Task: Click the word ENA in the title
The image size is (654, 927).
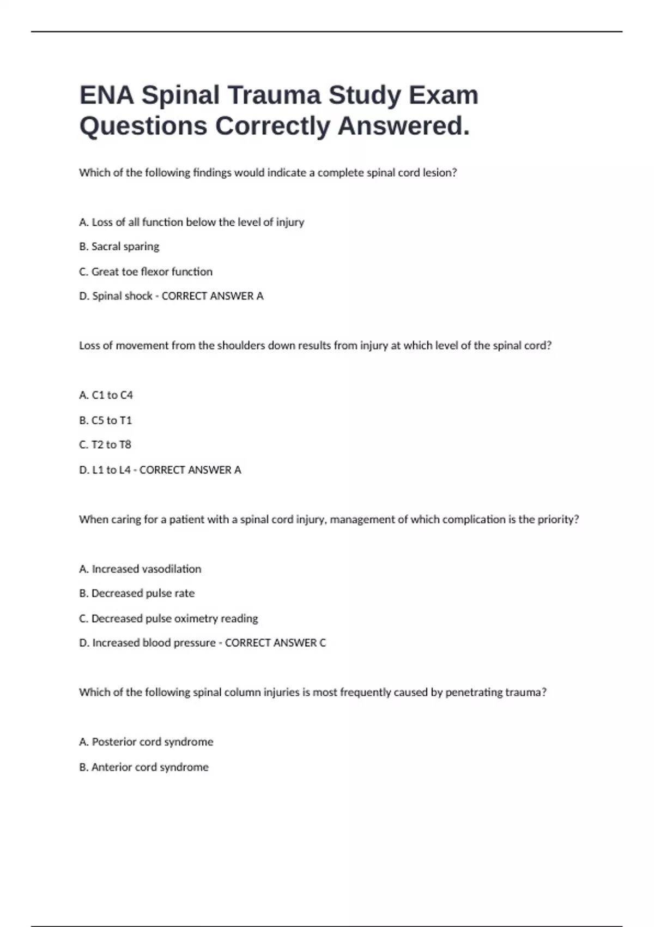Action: [x=106, y=95]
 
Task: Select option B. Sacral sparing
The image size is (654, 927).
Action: [x=119, y=246]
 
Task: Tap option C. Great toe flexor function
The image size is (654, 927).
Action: [x=146, y=272]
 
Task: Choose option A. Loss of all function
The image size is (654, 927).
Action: [x=191, y=222]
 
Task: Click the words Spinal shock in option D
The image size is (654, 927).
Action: [x=122, y=296]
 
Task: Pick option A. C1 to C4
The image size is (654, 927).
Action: [x=106, y=395]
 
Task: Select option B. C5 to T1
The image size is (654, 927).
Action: [x=105, y=420]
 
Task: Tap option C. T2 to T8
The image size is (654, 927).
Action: [x=105, y=445]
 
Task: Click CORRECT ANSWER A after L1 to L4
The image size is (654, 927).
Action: [x=190, y=470]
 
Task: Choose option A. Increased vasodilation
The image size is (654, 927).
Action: [x=140, y=569]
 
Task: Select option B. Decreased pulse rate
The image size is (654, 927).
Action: [x=137, y=593]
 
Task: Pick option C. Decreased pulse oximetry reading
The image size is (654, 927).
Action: [x=168, y=618]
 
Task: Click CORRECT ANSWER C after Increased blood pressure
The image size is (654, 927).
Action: [x=275, y=643]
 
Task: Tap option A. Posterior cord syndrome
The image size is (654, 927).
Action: [x=146, y=742]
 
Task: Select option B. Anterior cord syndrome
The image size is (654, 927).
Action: [x=144, y=767]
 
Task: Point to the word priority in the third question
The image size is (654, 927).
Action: [x=556, y=520]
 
